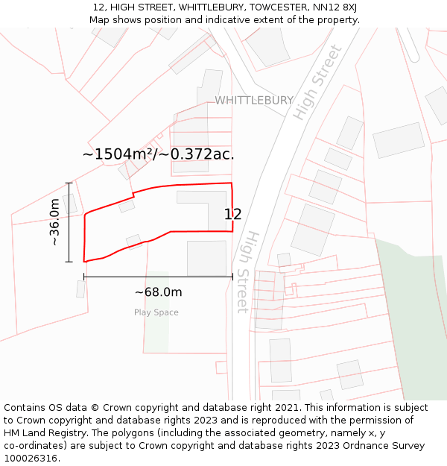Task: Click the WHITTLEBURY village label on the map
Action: tap(254, 100)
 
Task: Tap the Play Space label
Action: tap(156, 312)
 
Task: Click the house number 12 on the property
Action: tap(232, 215)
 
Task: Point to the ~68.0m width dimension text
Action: tap(158, 292)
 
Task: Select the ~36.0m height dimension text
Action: tap(54, 222)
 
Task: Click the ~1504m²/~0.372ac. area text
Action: tap(158, 154)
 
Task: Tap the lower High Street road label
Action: tap(247, 271)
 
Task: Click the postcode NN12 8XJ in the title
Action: tap(334, 7)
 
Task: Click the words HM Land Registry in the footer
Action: tap(42, 432)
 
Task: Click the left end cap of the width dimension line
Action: tap(84, 277)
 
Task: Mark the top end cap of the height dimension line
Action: tap(69, 183)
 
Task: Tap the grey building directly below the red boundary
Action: tap(206, 258)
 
